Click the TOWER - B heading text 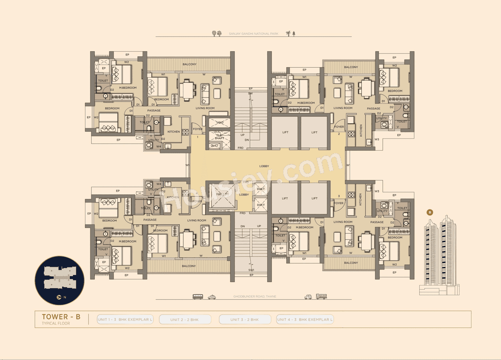(x=61, y=317)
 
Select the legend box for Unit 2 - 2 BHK (x=185, y=320)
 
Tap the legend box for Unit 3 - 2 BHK (x=245, y=320)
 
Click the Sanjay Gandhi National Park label (x=253, y=34)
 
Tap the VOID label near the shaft (x=220, y=123)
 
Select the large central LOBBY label (x=264, y=166)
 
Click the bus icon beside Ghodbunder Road (x=198, y=297)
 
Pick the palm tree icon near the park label (x=288, y=33)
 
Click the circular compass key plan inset (x=59, y=280)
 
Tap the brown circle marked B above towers (x=430, y=212)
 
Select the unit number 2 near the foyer (x=339, y=134)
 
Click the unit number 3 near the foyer (x=339, y=196)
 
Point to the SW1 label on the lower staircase (x=251, y=270)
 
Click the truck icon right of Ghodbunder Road (x=321, y=297)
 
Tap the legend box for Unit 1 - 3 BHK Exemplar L (x=125, y=320)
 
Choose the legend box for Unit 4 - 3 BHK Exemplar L (x=305, y=320)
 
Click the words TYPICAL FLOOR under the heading (x=56, y=324)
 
